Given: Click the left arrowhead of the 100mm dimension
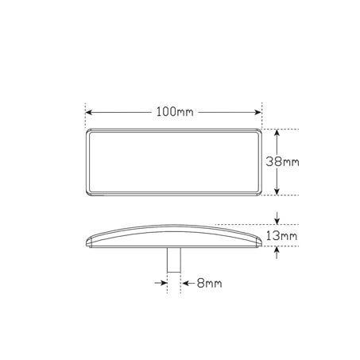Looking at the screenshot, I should (89, 111).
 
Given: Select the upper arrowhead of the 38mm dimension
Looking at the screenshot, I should (276, 133).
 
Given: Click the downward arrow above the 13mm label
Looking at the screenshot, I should (276, 218).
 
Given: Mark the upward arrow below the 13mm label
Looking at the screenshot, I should (276, 252).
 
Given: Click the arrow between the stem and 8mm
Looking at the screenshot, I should (182, 281).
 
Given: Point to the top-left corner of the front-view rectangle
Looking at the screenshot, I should (88, 130).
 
